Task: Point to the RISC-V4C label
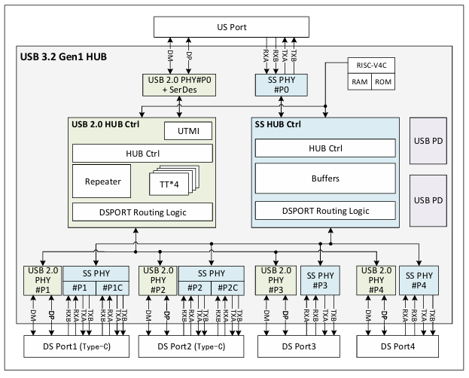click(370, 65)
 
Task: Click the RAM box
click(358, 81)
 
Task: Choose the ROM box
click(382, 81)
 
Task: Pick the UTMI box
click(187, 132)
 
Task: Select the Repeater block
click(99, 181)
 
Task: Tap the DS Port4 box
click(397, 347)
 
